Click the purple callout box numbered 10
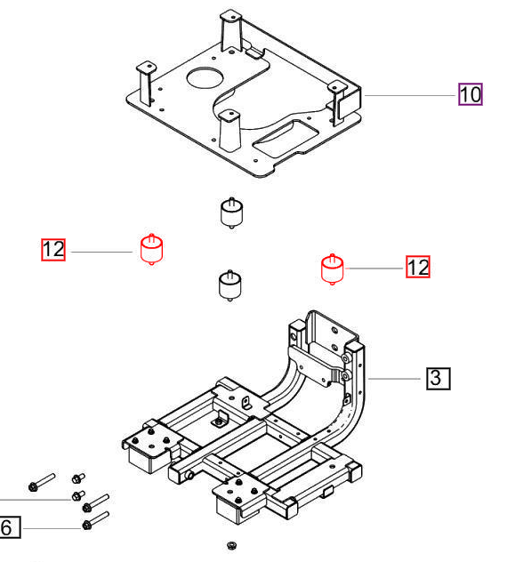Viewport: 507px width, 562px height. (471, 93)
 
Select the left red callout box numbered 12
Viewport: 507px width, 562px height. (53, 250)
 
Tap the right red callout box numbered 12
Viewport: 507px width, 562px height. (418, 266)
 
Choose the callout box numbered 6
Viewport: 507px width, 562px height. (8, 528)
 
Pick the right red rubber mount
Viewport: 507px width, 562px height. (332, 267)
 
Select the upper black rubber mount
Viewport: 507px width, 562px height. (231, 213)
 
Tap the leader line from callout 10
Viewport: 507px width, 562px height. (409, 94)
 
